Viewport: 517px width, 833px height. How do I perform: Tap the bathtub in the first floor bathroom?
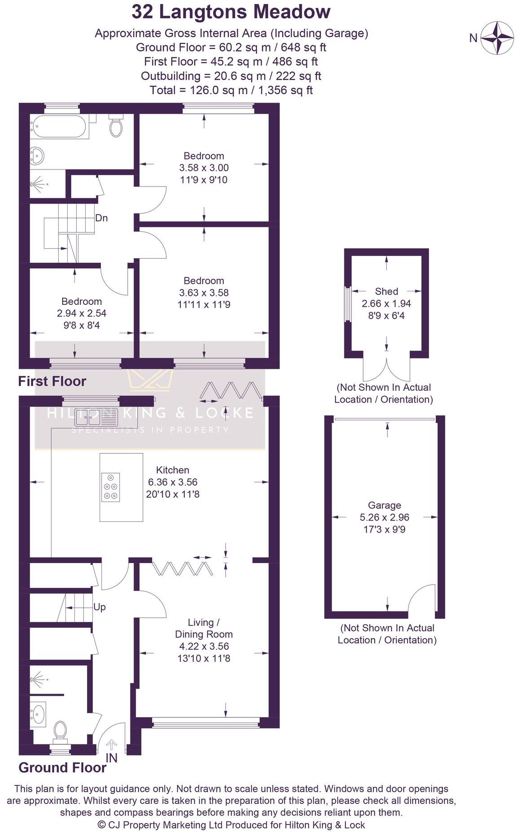58,126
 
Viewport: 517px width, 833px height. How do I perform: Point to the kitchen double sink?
88,417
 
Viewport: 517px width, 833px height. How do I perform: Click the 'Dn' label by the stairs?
101,218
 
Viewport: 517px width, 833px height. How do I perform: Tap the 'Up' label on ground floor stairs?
100,607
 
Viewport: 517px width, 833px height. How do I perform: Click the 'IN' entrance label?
111,758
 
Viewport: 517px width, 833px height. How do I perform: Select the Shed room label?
386,291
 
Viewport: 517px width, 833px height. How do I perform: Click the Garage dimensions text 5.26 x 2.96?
384,517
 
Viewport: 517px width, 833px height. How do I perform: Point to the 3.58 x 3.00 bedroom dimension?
204,168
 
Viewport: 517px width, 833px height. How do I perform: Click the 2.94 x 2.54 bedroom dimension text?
82,313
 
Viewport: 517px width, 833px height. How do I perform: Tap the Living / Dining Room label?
204,628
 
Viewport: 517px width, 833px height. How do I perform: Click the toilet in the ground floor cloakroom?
60,730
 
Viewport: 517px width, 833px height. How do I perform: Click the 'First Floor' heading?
52,382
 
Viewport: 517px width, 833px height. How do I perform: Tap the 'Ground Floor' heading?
62,768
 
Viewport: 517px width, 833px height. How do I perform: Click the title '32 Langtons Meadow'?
231,12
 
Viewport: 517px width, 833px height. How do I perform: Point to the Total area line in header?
231,90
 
